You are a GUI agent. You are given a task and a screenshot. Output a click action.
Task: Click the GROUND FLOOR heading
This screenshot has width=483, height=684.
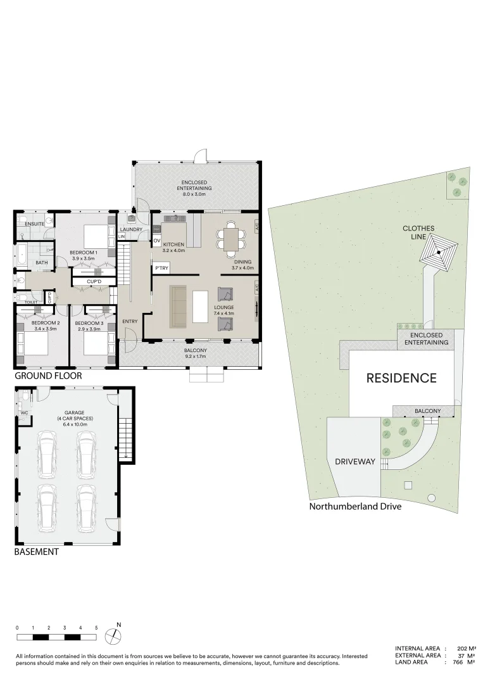pos(48,376)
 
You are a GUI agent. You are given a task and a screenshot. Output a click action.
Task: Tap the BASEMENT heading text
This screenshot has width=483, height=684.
pos(36,552)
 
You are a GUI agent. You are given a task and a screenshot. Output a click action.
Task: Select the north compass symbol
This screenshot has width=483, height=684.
pos(113,635)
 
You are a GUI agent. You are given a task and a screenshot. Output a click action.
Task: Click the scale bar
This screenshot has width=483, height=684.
pos(56,636)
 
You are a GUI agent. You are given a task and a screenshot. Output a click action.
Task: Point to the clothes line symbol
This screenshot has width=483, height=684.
pos(439,253)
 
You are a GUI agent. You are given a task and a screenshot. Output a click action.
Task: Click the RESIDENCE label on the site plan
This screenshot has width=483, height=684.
pos(402,378)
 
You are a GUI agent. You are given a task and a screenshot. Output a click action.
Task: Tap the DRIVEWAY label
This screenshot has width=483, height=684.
pos(355,462)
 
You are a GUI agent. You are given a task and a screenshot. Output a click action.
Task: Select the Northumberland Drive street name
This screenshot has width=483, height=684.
pos(354,507)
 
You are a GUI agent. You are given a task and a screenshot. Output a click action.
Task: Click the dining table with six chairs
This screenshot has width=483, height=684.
pos(230,239)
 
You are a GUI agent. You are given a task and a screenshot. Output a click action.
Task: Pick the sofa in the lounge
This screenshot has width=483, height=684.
pos(179,307)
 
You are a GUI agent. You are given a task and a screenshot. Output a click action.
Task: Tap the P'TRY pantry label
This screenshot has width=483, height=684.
pos(161,269)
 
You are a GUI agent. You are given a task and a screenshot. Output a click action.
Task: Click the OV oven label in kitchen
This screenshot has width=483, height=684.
pos(156,241)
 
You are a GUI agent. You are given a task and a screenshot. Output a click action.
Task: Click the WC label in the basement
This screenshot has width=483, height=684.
pos(24,412)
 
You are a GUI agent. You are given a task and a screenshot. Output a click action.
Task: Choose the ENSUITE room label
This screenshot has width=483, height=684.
pos(34,224)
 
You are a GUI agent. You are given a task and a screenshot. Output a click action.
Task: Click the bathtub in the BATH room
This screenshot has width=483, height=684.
pos(22,256)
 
